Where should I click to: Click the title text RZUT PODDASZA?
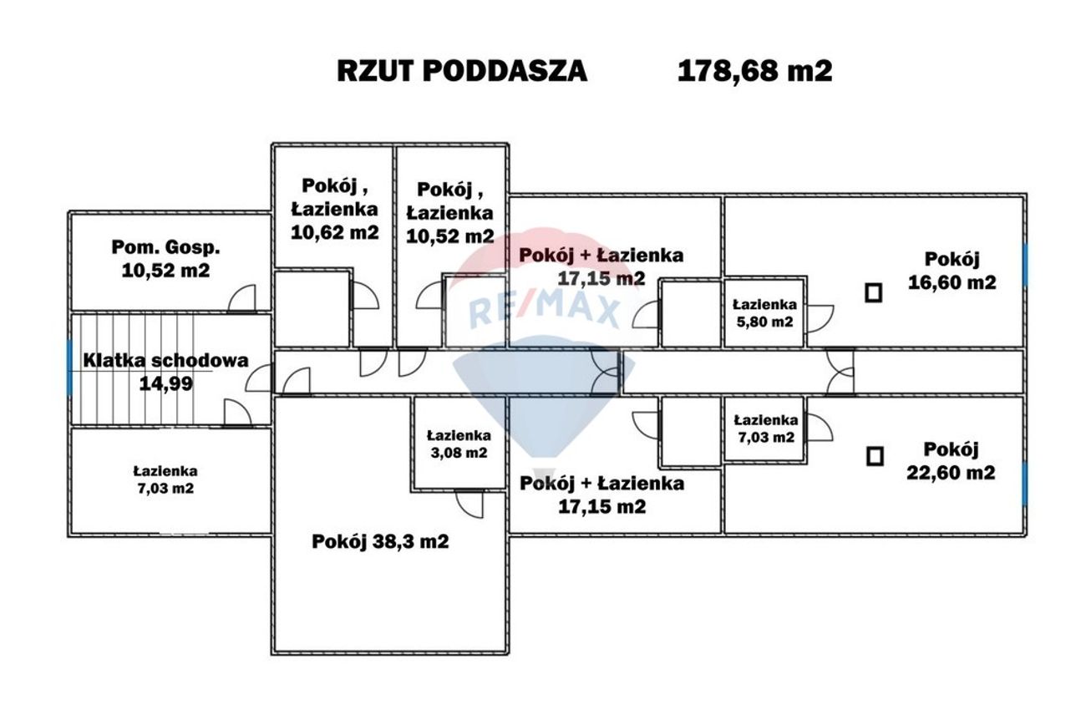462,71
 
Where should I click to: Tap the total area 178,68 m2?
754,71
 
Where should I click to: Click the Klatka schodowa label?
165,361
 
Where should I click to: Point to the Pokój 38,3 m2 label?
380,541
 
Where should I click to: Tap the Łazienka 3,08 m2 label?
459,444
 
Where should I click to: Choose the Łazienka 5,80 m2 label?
764,312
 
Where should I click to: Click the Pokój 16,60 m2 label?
952,271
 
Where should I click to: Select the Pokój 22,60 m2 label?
951,460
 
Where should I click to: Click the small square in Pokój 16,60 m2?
873,292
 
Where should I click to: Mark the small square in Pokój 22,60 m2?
874,456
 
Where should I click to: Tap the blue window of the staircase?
69,367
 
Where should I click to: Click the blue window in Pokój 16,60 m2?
1025,265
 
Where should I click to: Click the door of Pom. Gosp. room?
241,298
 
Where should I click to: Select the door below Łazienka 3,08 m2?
469,504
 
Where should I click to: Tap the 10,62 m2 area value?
334,232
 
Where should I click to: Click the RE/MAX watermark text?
544,310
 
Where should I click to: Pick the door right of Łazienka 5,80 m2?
820,318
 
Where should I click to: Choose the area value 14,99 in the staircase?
165,384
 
